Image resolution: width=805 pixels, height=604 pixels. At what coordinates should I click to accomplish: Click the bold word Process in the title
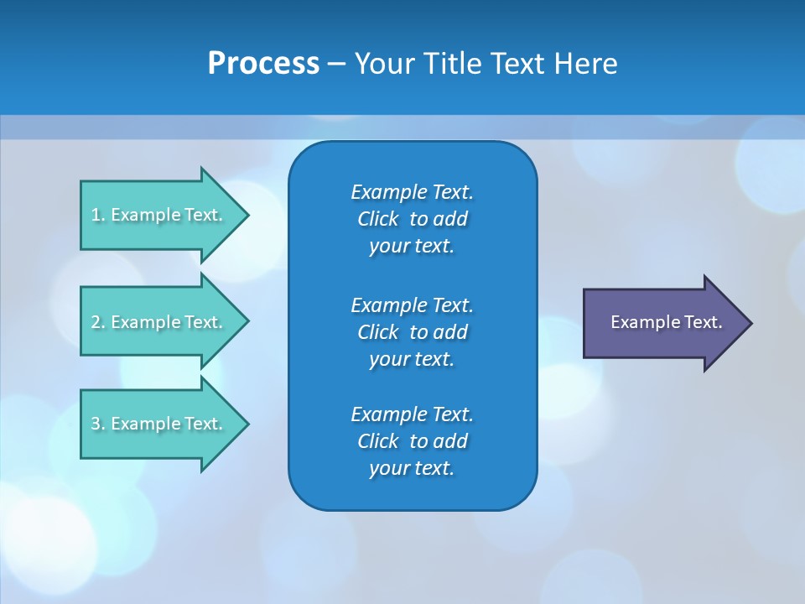(x=263, y=64)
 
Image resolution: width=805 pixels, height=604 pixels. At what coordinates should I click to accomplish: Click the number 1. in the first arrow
(x=98, y=215)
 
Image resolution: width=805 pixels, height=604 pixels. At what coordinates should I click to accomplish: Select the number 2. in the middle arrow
(x=98, y=322)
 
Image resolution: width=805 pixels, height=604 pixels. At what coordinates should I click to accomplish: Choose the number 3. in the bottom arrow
(x=98, y=424)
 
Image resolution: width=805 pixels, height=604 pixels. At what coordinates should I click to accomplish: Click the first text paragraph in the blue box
(x=412, y=219)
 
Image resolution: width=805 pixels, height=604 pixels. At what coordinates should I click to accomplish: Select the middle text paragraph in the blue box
(x=412, y=331)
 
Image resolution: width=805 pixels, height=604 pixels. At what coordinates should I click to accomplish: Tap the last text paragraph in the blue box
(x=412, y=441)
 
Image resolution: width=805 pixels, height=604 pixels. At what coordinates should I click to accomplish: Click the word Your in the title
(x=382, y=64)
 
